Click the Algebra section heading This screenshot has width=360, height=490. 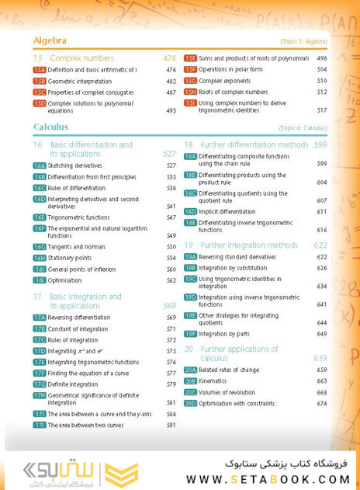pyautogui.click(x=50, y=40)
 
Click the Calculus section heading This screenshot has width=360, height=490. pyautogui.click(x=51, y=127)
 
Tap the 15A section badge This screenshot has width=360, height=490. pyautogui.click(x=40, y=70)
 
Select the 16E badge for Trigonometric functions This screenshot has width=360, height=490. pyautogui.click(x=40, y=217)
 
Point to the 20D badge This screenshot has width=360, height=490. pyautogui.click(x=191, y=404)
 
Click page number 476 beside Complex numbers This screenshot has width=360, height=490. pyautogui.click(x=170, y=58)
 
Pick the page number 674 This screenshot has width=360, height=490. pyautogui.click(x=321, y=404)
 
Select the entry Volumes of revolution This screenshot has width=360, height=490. pyautogui.click(x=230, y=392)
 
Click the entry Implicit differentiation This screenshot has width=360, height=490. pyautogui.click(x=234, y=211)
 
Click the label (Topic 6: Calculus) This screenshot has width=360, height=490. pyautogui.click(x=303, y=127)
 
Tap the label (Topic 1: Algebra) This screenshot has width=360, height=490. pyautogui.click(x=303, y=40)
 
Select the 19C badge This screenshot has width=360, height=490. pyautogui.click(x=191, y=279)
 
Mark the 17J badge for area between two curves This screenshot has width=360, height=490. pyautogui.click(x=40, y=426)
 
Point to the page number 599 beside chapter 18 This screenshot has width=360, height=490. pyautogui.click(x=320, y=144)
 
